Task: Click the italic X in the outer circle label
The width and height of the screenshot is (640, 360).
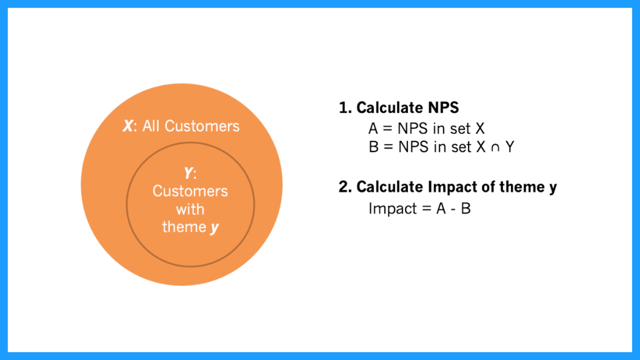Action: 128,126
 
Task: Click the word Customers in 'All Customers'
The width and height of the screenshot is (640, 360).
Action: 202,126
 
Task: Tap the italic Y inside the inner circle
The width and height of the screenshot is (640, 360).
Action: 188,173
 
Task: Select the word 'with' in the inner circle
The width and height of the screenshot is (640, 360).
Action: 190,209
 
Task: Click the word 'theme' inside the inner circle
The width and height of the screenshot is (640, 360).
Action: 184,226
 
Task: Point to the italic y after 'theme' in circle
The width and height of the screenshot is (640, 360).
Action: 215,228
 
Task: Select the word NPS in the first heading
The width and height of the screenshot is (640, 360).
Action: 443,108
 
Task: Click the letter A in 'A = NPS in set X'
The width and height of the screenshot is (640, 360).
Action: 373,129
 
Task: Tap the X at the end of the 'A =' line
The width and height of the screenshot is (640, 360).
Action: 479,129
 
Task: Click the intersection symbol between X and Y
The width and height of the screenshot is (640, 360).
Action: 495,148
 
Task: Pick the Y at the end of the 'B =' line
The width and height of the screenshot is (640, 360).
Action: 509,146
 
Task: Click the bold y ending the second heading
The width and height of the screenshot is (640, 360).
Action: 553,189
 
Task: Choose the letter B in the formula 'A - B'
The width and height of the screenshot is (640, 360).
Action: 466,209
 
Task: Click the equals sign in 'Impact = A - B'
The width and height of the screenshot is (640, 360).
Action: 426,209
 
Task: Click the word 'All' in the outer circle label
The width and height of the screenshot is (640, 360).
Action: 151,126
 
